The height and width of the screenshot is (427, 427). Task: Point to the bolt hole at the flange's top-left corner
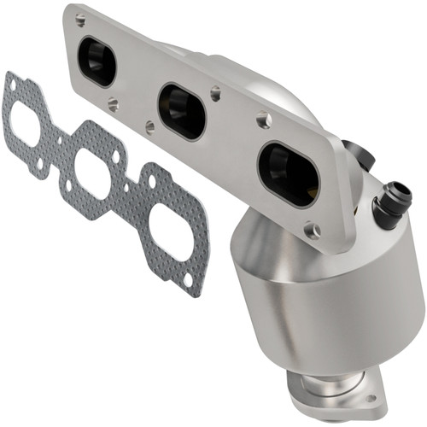point(79,19)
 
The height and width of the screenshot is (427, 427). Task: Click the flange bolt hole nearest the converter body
point(313,230)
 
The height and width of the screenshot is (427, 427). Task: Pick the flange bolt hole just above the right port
point(266,122)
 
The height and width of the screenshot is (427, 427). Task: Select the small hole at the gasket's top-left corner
point(11,82)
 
